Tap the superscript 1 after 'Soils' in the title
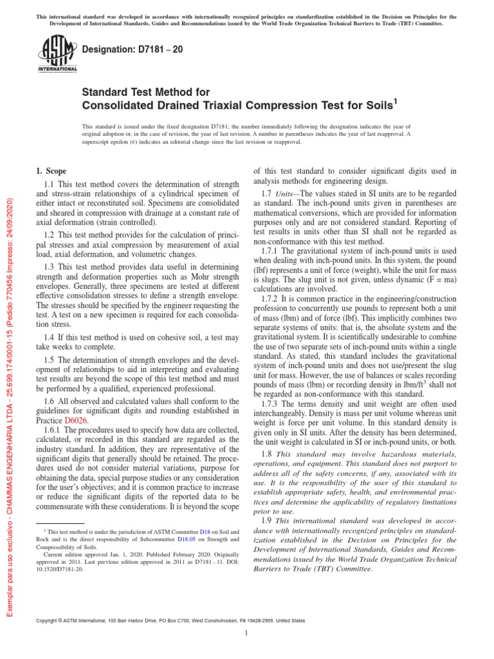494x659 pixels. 395,101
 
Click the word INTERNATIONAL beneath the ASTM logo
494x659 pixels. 57,69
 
